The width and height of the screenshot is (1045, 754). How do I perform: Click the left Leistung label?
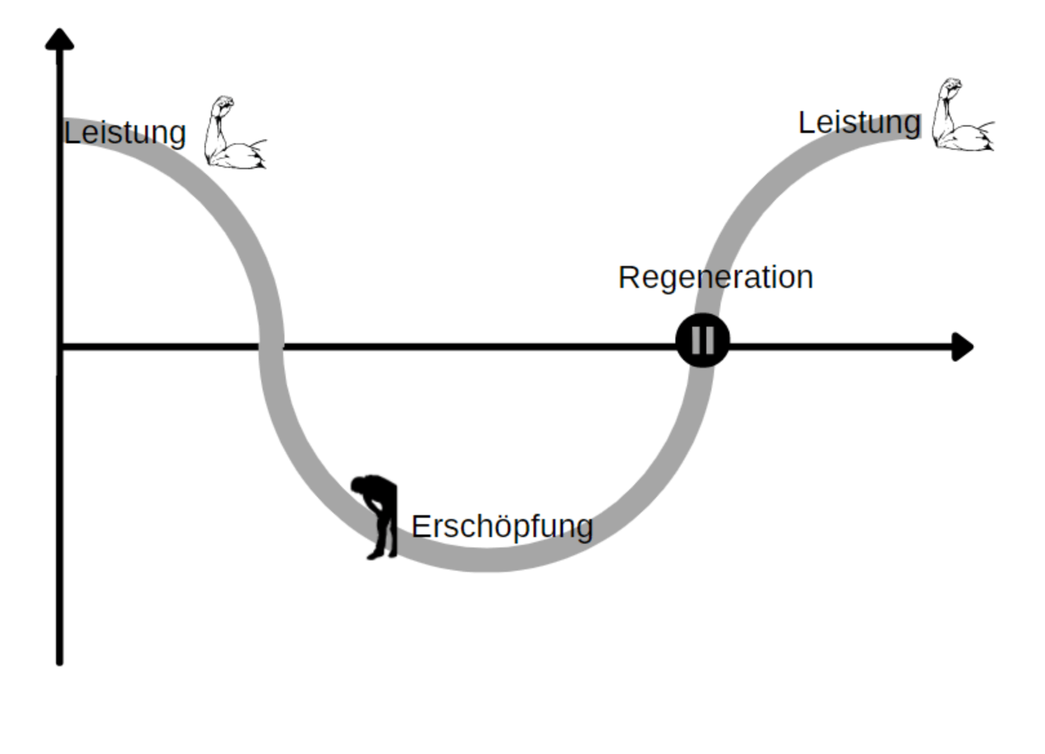pyautogui.click(x=125, y=133)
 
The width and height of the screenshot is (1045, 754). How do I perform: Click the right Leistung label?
pyautogui.click(x=859, y=123)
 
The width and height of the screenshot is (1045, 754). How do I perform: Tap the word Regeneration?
pyautogui.click(x=715, y=278)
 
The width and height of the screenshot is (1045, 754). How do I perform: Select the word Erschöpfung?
pyautogui.click(x=502, y=527)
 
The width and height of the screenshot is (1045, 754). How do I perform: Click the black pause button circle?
pyautogui.click(x=702, y=340)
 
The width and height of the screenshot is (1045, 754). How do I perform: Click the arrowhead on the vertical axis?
pyautogui.click(x=59, y=39)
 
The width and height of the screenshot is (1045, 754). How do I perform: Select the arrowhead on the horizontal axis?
pyautogui.click(x=962, y=347)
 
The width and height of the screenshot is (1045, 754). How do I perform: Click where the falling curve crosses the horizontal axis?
pyautogui.click(x=272, y=347)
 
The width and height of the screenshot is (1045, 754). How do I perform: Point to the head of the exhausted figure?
pyautogui.click(x=359, y=485)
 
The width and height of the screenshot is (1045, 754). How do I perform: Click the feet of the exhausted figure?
pyautogui.click(x=381, y=554)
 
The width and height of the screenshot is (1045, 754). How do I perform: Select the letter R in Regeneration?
pyautogui.click(x=628, y=278)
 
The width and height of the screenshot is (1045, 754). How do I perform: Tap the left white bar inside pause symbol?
pyautogui.click(x=695, y=340)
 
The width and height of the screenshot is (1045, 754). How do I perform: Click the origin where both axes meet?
pyautogui.click(x=59, y=347)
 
